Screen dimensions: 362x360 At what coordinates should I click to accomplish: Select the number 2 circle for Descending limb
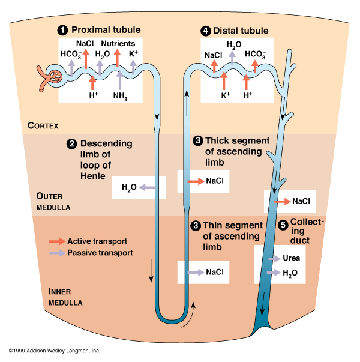tap(71, 143)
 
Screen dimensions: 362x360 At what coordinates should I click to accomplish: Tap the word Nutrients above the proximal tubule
tap(118, 44)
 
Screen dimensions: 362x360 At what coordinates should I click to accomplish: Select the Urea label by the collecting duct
tap(291, 259)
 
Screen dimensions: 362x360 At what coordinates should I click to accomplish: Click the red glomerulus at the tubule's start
tap(55, 77)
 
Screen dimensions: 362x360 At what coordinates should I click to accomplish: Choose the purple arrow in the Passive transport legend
tap(56, 253)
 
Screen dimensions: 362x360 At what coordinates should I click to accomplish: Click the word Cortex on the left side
tap(43, 125)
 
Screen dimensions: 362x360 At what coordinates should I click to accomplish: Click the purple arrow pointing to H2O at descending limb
tap(148, 188)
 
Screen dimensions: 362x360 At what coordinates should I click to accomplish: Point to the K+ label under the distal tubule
tap(225, 95)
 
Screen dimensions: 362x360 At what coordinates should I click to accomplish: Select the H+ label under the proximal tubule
tap(94, 95)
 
